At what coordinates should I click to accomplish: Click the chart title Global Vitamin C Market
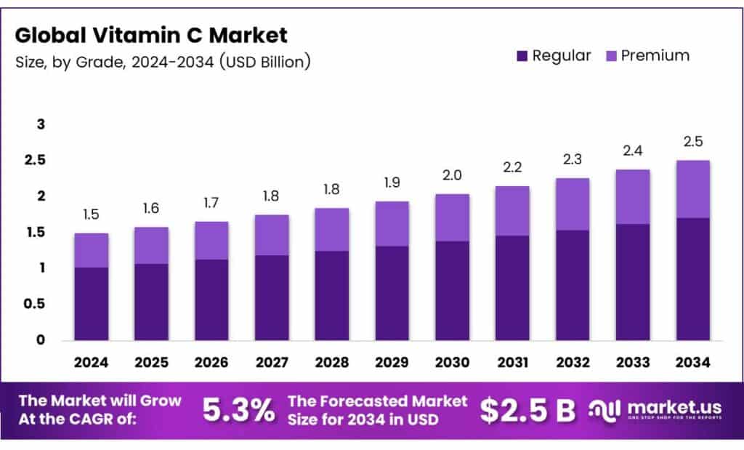coord(151,35)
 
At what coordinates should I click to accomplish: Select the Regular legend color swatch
coord(522,56)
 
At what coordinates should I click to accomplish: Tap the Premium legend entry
coord(646,56)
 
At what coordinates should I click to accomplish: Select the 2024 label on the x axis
coord(91,361)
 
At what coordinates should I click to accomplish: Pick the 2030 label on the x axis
coord(452,361)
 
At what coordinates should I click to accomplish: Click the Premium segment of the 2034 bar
coord(692,189)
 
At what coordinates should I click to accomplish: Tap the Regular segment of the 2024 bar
coord(91,304)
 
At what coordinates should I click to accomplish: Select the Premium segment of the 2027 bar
coord(272,235)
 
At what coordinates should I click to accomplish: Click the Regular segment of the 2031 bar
coord(512,287)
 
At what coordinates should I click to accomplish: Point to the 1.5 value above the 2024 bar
coord(91,215)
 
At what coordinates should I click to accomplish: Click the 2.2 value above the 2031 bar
coord(512,168)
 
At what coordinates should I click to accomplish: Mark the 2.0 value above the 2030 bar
coord(452,176)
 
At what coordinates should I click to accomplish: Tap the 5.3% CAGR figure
coord(239,411)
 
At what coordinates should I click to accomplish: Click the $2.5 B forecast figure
coord(527,411)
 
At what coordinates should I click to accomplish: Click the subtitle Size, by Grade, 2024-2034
coord(163,63)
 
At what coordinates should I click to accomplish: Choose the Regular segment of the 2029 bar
coord(392,292)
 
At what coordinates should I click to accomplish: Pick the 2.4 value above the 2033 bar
coord(632,151)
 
